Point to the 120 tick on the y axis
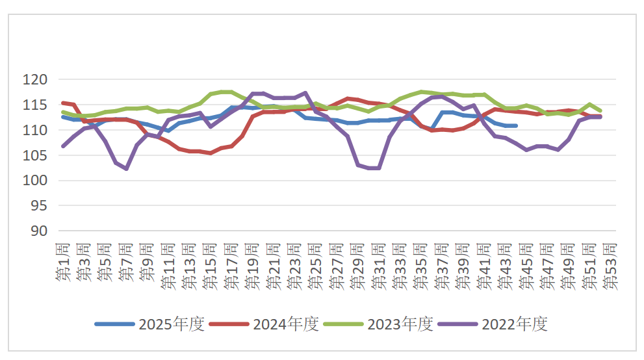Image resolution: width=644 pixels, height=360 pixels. pyautogui.click(x=36, y=80)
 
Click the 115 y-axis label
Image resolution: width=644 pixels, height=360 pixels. pyautogui.click(x=36, y=105)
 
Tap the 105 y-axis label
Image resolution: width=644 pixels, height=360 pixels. pyautogui.click(x=36, y=155)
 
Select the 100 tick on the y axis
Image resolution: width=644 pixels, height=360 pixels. pyautogui.click(x=36, y=181)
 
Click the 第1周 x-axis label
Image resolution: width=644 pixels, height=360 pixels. pyautogui.click(x=63, y=263)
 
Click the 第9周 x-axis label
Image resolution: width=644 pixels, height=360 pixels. pyautogui.click(x=148, y=263)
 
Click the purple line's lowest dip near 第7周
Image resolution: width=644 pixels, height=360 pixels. pyautogui.click(x=126, y=169)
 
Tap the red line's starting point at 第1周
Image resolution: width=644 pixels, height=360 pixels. pyautogui.click(x=63, y=103)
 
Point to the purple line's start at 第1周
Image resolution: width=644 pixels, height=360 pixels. pyautogui.click(x=63, y=146)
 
